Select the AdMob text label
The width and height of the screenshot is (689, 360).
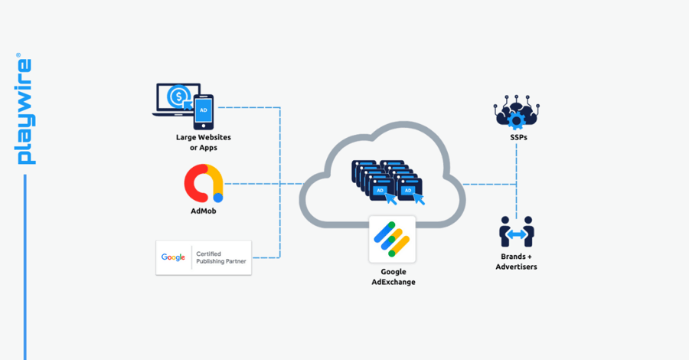pos(203,211)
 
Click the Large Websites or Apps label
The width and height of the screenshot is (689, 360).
pos(203,142)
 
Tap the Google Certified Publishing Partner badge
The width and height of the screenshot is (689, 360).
pos(204,257)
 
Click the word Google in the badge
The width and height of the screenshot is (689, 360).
pos(173,257)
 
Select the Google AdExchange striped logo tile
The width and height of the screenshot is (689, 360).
pos(392,239)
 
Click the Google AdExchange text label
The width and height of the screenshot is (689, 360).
pos(393,277)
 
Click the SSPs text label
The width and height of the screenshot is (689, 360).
pos(517,138)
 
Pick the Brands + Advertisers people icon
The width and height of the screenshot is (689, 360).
pos(517,231)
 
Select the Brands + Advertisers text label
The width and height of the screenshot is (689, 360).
pos(516,261)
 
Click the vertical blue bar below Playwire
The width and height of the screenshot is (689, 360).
pos(24,268)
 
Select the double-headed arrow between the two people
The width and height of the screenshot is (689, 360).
pos(517,233)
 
